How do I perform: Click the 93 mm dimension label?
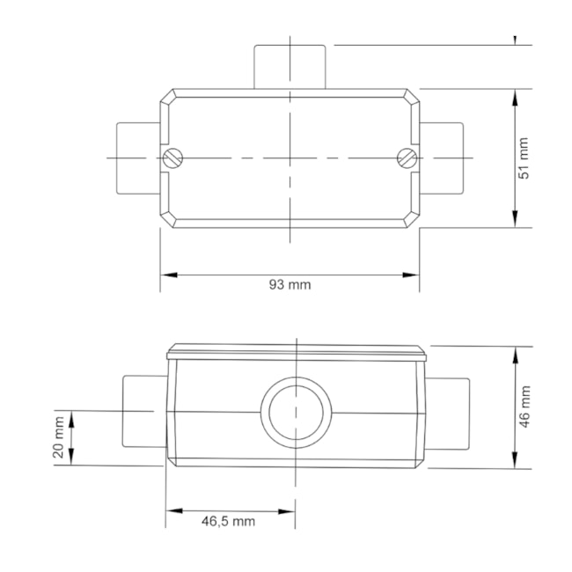tap(290, 284)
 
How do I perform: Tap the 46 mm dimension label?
tap(524, 407)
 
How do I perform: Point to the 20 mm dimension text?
tap(58, 438)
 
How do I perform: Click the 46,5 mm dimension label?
tap(228, 521)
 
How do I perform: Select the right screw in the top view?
tap(407, 158)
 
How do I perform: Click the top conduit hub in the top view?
tap(290, 66)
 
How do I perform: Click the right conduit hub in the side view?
tap(449, 411)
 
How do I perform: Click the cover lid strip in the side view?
tap(297, 355)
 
